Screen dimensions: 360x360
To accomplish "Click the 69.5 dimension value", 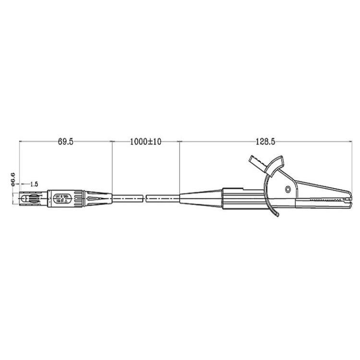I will coord(65,142).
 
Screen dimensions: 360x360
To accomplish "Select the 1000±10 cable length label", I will coord(145,142).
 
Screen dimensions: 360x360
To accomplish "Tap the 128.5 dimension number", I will coord(264,142).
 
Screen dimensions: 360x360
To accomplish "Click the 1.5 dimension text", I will coord(34,184).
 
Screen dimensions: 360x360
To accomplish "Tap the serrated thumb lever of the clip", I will coord(258,162).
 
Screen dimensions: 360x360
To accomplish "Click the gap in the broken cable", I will coord(144,197).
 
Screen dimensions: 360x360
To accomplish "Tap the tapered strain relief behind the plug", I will coord(98,197).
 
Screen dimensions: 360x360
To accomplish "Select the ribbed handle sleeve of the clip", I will coord(242,197).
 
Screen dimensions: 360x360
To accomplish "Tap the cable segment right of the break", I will coord(162,197).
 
